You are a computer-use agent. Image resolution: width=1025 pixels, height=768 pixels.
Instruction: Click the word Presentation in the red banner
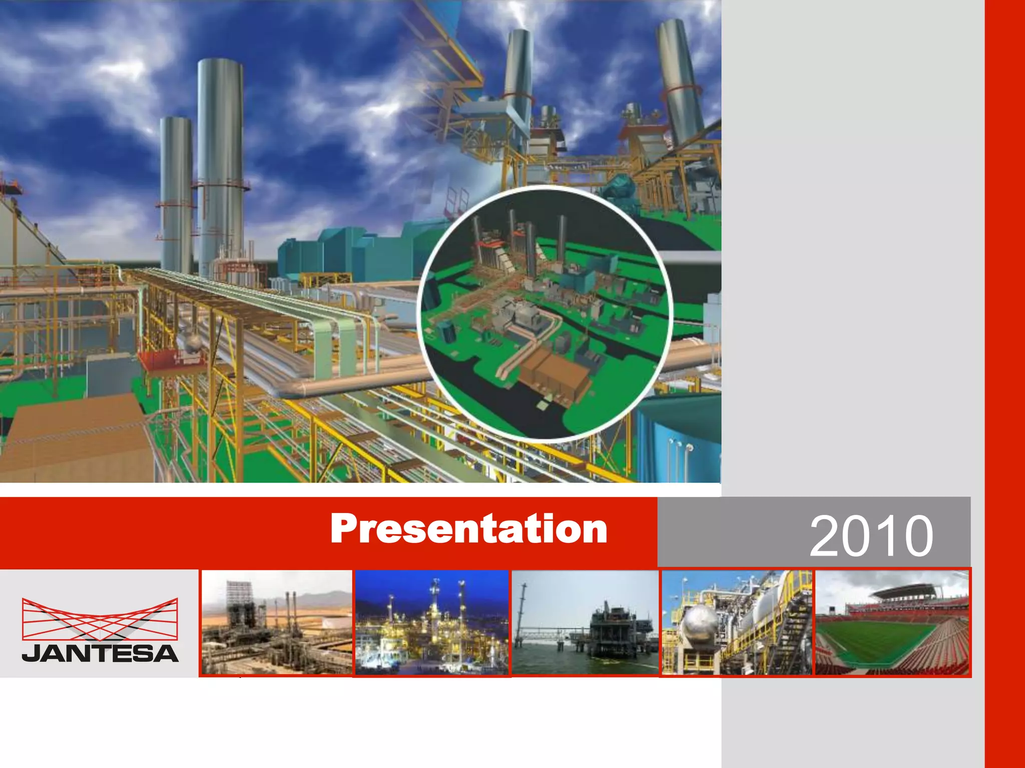tap(468, 529)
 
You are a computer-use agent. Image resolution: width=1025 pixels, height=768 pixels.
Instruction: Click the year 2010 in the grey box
tap(871, 536)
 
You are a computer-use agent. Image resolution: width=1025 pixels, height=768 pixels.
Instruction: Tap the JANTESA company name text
tap(100, 653)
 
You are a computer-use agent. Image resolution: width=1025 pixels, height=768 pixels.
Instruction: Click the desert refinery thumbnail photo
tap(277, 622)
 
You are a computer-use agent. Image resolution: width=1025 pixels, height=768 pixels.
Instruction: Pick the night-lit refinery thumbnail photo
tap(431, 622)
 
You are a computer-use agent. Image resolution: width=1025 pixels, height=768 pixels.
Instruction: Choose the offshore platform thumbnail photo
tap(585, 622)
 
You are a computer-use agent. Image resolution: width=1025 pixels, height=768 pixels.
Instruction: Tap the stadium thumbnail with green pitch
tap(892, 622)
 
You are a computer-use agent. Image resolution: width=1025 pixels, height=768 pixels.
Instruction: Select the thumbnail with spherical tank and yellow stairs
tap(737, 622)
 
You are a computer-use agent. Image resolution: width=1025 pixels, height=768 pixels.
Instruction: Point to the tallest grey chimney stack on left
tap(220, 165)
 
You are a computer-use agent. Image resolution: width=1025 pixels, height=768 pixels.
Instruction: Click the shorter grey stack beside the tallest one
tap(176, 195)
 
